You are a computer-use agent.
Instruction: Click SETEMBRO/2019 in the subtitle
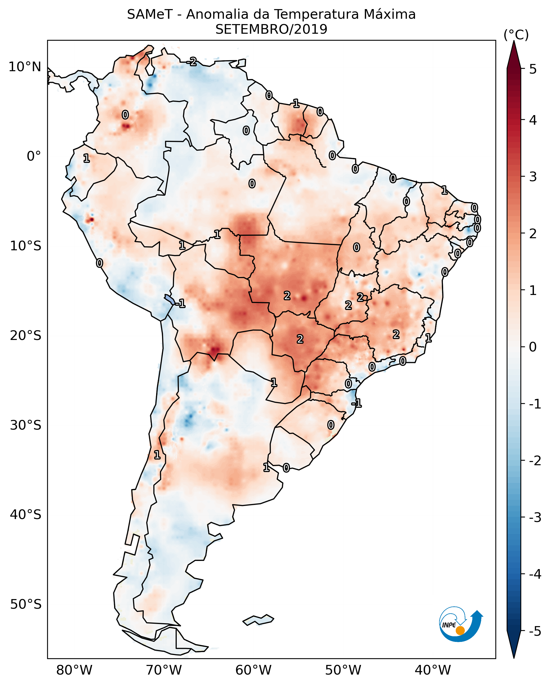[x=271, y=29]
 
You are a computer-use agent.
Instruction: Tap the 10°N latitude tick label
[x=25, y=67]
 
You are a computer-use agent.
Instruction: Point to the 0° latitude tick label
[x=34, y=156]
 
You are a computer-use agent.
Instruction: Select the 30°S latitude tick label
[x=26, y=425]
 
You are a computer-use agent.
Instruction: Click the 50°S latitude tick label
[x=26, y=604]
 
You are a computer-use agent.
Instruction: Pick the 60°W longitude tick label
[x=254, y=670]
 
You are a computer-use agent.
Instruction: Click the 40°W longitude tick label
[x=433, y=670]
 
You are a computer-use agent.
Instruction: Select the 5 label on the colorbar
[x=533, y=69]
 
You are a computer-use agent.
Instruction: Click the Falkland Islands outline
[x=258, y=620]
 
